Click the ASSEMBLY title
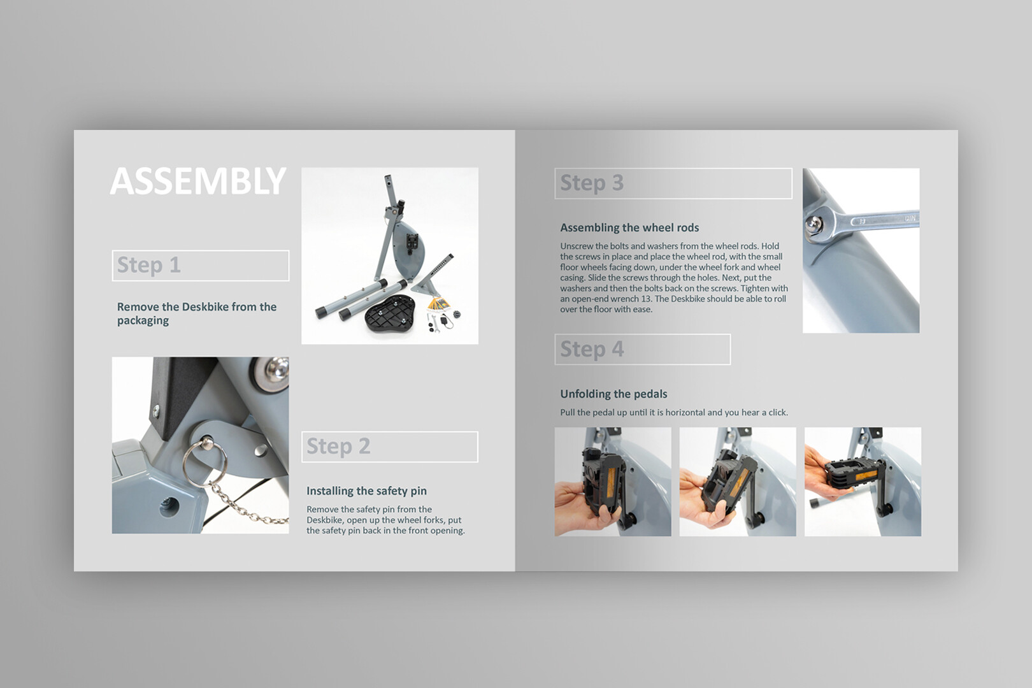198,181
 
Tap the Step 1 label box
201,266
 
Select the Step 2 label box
390,447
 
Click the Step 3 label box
673,183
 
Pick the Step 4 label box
643,349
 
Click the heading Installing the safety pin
367,491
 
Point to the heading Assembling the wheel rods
630,227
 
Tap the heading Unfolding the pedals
613,394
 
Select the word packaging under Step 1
143,320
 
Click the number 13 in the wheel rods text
647,299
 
